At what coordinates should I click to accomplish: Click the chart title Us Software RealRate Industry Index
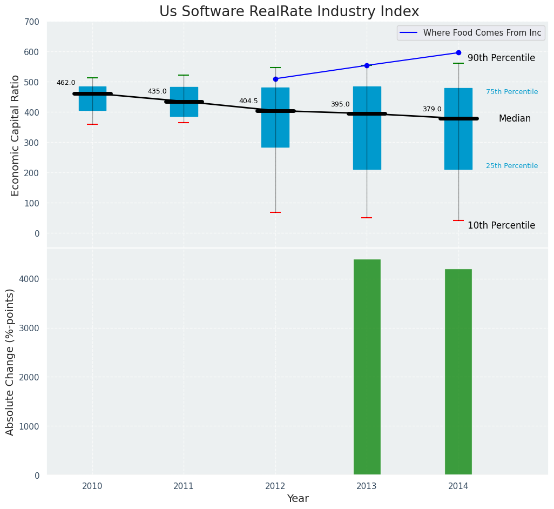point(289,12)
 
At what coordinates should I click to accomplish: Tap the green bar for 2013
point(367,367)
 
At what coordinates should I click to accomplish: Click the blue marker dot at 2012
point(275,79)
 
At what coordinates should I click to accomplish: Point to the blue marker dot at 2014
point(458,53)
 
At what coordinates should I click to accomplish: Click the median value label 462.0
point(66,83)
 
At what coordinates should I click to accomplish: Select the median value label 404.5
point(248,101)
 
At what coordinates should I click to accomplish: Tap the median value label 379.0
point(432,109)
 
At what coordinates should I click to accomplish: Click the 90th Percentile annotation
point(501,58)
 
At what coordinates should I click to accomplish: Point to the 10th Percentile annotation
point(501,226)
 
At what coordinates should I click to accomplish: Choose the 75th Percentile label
point(512,92)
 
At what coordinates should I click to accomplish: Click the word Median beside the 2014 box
point(515,118)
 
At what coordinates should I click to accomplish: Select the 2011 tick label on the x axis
point(184,486)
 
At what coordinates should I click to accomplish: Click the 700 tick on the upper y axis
point(32,22)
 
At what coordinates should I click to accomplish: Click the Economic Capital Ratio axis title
point(15,135)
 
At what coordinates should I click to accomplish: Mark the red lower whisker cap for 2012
point(275,212)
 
